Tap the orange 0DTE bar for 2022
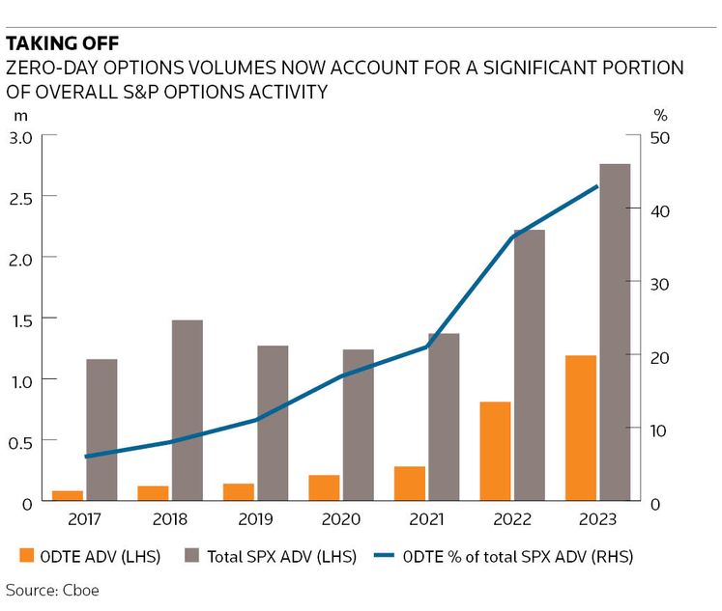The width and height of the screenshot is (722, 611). click(x=495, y=452)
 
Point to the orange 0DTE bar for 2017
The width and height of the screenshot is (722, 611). click(x=67, y=496)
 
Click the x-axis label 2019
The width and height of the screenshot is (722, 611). click(x=255, y=520)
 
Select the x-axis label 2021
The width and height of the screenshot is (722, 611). click(x=426, y=520)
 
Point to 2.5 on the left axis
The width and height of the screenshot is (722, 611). click(x=21, y=197)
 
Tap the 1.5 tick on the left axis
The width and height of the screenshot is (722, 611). click(x=21, y=319)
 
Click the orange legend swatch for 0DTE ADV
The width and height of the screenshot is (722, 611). click(x=28, y=556)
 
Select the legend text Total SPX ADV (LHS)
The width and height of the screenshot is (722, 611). click(x=279, y=556)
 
